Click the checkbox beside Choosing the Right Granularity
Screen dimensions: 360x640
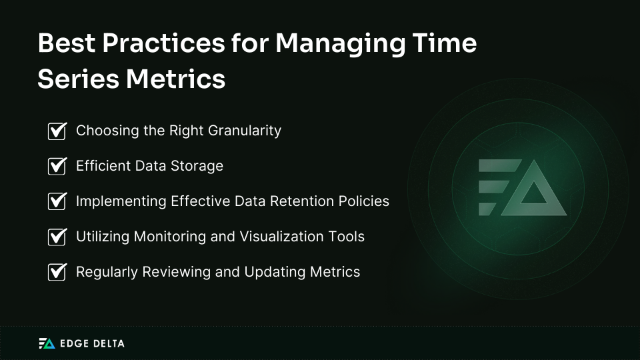coord(57,131)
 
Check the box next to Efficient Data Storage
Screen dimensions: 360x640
coord(57,166)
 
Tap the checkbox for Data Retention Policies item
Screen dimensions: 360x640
coord(57,201)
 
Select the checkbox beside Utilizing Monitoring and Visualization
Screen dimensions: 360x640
coord(57,237)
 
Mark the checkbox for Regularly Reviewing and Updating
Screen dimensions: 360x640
coord(57,272)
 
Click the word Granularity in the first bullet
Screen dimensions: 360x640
coord(245,131)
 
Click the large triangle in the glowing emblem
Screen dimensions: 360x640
coord(534,193)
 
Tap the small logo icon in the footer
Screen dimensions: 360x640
coord(47,343)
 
